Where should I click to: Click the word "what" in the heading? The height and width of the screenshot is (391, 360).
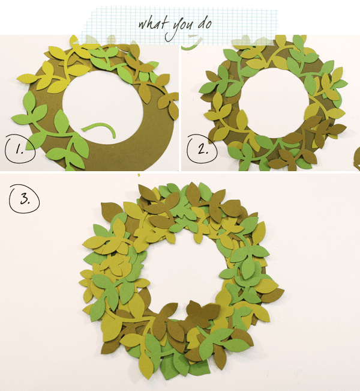click(152, 23)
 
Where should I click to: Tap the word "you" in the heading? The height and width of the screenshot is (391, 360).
click(179, 28)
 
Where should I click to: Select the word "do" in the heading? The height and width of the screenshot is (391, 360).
click(205, 23)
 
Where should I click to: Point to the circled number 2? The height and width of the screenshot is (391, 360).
click(202, 149)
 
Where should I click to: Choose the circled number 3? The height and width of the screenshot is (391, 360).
click(25, 199)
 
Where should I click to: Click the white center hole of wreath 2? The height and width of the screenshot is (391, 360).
click(275, 103)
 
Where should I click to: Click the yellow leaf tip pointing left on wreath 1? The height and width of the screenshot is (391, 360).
click(21, 79)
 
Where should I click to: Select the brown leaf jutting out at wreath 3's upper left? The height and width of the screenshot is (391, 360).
click(111, 211)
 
